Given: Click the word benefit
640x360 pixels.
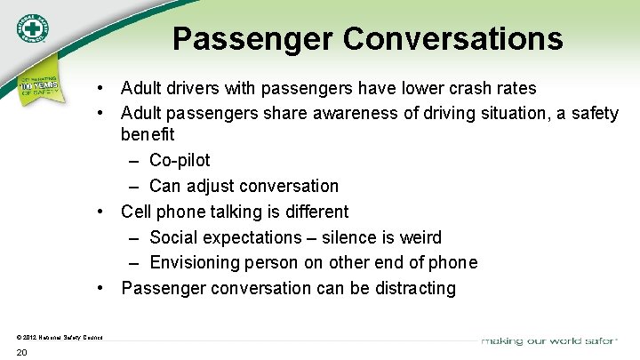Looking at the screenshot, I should [148, 134].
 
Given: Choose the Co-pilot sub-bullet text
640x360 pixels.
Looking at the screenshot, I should [180, 160].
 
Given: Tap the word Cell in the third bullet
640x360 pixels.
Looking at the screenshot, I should [136, 212].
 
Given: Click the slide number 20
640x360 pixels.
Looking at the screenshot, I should [21, 353].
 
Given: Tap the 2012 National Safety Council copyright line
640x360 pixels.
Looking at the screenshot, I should [60, 337].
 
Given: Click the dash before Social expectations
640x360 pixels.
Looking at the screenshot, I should [132, 237].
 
